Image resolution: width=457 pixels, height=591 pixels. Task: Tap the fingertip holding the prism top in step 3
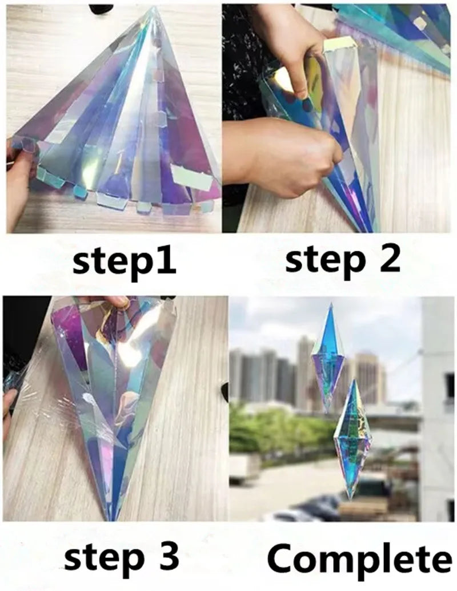(x=117, y=302)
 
